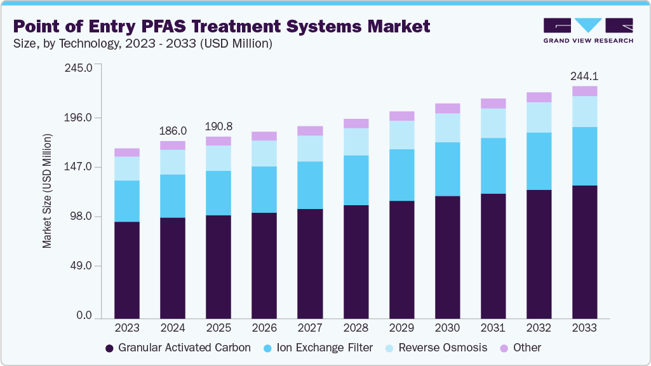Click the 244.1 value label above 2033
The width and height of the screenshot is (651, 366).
pos(584,76)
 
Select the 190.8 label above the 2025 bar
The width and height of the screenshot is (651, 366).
pos(218,125)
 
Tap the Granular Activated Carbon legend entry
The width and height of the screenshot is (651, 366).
pos(178,348)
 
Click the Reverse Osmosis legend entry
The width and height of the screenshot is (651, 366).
pos(438,348)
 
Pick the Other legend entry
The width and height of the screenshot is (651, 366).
pos(520,348)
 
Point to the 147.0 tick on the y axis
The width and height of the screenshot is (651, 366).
pos(80,167)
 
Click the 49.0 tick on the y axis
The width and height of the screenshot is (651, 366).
pos(83,266)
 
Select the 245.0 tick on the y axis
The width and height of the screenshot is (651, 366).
pos(80,68)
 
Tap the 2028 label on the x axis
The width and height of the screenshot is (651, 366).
pos(356,328)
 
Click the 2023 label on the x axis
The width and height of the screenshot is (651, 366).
pos(127,328)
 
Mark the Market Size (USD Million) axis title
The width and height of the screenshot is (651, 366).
pos(48,191)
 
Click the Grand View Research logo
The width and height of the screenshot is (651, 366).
pos(587,30)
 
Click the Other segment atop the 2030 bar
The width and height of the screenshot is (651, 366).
pos(447,108)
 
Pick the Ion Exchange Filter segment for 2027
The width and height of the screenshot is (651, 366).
pos(310,185)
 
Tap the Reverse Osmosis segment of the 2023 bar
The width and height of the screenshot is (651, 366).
pos(127,168)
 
